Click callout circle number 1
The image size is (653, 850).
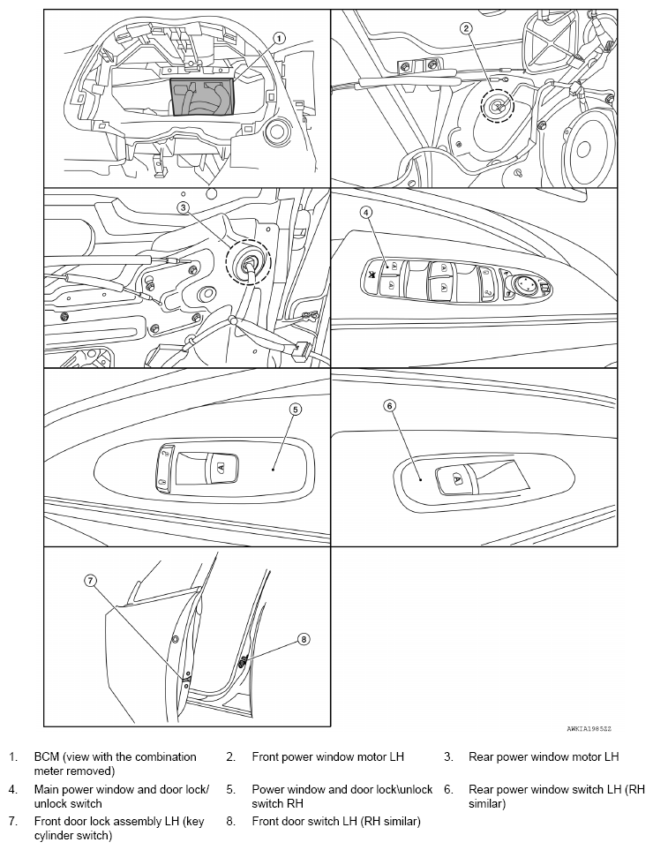pos(279,39)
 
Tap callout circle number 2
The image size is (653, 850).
pos(467,28)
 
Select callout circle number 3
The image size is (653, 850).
pos(184,207)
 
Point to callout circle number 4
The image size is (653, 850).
pos(366,213)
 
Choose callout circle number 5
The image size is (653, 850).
pos(295,410)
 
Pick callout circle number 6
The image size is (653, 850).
pos(390,405)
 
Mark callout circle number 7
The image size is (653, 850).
pos(91,581)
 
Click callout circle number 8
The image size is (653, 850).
pos(304,640)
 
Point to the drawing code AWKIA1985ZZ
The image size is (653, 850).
pos(589,729)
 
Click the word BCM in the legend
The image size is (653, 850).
pos(46,756)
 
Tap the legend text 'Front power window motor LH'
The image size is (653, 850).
pos(328,756)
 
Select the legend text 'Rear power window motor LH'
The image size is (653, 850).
pos(544,756)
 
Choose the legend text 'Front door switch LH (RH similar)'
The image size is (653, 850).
pos(336,821)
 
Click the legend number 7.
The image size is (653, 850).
pos(13,821)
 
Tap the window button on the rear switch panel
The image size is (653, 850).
pos(457,480)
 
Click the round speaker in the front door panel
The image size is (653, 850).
pos(582,149)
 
